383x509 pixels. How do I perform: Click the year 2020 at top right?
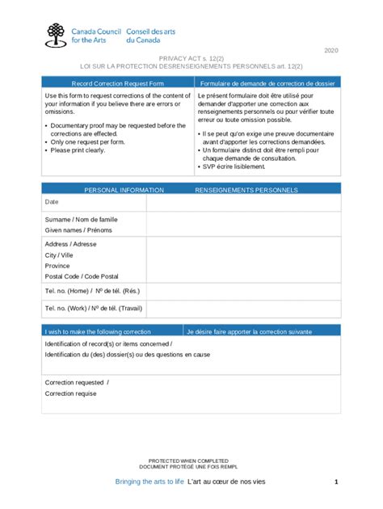332,51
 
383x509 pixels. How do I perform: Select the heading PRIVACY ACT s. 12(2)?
191,60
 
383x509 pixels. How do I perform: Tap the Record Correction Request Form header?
118,82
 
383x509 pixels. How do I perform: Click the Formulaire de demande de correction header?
267,82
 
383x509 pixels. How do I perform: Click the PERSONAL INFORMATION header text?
124,190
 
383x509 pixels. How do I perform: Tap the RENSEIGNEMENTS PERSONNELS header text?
246,190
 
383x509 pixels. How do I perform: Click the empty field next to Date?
242,202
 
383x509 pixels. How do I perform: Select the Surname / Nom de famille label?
81,219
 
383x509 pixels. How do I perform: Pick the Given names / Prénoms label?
78,230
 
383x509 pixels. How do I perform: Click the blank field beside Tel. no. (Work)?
242,309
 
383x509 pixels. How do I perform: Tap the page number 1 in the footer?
335,482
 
